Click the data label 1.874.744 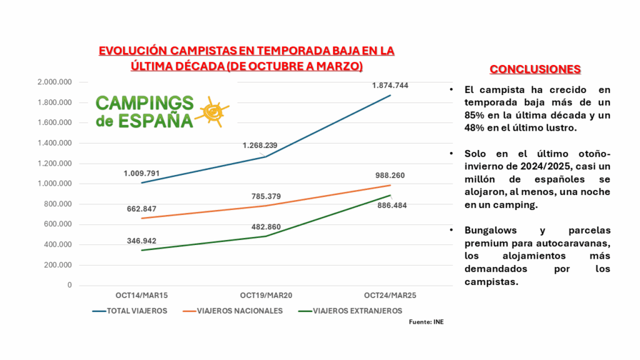[390, 85]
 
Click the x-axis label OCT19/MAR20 [266, 295]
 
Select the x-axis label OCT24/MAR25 [390, 295]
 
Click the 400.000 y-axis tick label [58, 244]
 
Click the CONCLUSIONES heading [535, 69]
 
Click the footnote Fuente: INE [426, 322]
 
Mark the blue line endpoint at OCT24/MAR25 [390, 95]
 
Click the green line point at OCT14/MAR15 [141, 250]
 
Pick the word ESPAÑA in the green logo [152, 119]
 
